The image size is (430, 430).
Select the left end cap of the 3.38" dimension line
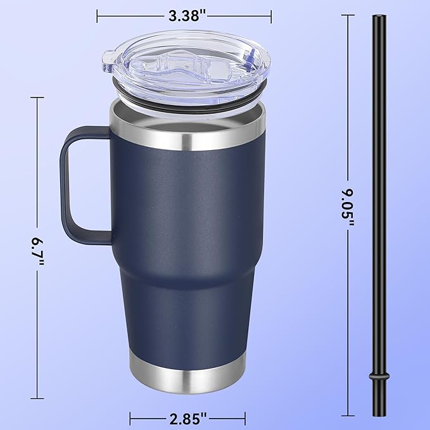pyautogui.click(x=98, y=16)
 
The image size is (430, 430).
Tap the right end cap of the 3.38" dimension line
pyautogui.click(x=272, y=16)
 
